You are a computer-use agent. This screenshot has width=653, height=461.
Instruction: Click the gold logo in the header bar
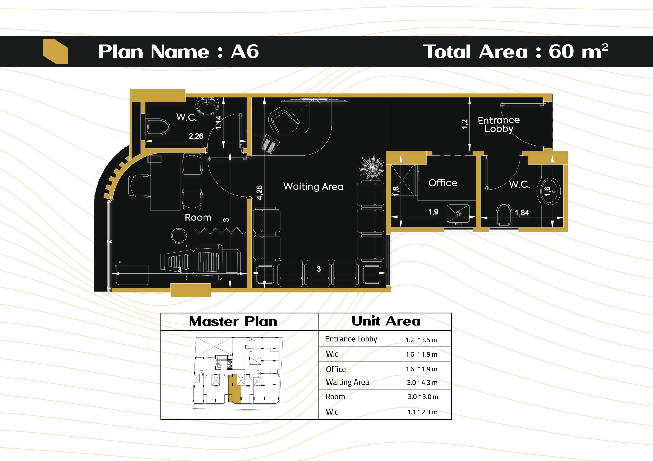[55, 51]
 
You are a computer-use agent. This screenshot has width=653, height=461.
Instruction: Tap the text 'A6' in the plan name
[245, 51]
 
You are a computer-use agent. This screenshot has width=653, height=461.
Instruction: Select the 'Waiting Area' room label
[313, 187]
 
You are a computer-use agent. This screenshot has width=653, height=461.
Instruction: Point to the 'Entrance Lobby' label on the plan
[499, 124]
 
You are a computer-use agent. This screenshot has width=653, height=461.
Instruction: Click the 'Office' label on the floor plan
[443, 182]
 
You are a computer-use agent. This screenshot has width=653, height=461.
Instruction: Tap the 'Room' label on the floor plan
[198, 217]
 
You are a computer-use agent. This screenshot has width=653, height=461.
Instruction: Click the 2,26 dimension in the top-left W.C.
[196, 136]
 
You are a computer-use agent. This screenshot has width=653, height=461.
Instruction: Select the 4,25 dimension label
[259, 192]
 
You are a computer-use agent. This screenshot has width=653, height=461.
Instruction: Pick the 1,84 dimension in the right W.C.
[522, 213]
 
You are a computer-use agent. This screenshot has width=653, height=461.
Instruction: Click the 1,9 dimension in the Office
[433, 212]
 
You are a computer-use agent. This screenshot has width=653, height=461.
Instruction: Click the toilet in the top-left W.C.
[158, 126]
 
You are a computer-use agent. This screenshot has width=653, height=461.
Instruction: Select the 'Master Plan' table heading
[233, 321]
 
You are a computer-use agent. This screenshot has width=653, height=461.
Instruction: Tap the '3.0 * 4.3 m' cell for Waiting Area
[422, 383]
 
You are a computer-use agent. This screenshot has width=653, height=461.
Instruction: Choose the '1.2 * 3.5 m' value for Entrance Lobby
[421, 340]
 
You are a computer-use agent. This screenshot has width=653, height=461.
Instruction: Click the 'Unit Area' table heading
[386, 321]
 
